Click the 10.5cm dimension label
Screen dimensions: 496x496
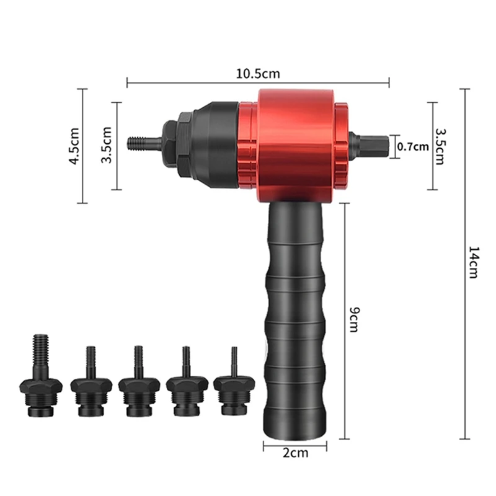click(x=258, y=74)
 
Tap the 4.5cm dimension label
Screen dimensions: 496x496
click(x=74, y=146)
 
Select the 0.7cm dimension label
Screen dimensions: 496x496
click(x=413, y=146)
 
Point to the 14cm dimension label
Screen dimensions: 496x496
click(x=473, y=262)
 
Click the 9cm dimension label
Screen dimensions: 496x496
click(x=354, y=319)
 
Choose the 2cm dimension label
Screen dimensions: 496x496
click(x=295, y=453)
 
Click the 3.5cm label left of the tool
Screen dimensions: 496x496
click(x=107, y=145)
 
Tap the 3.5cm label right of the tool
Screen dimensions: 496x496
click(x=440, y=146)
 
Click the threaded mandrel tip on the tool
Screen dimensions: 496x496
click(x=145, y=144)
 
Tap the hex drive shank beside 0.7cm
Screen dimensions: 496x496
click(x=368, y=146)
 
